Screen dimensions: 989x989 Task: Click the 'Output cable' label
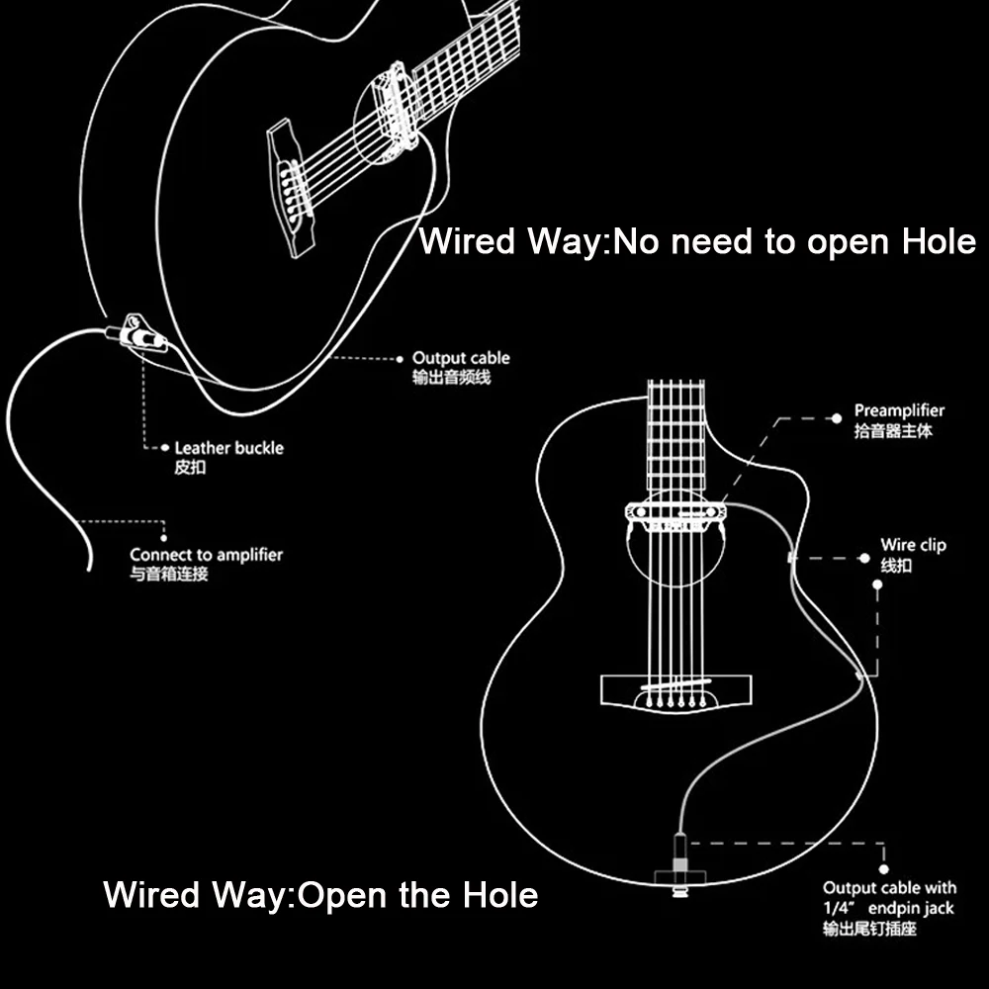pos(461,358)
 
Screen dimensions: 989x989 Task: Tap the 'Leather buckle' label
pos(228,448)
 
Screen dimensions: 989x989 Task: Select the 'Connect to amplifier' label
pos(206,555)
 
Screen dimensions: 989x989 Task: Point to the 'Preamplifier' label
pos(899,410)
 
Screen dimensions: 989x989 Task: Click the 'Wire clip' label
pos(913,545)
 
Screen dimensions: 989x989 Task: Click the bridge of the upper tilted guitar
pos(290,187)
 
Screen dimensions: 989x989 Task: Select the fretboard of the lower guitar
pos(675,435)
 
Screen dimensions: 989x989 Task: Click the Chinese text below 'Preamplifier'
pos(893,431)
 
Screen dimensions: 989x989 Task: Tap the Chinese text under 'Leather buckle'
pos(190,468)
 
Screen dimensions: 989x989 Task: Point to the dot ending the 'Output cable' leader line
pos(400,358)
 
